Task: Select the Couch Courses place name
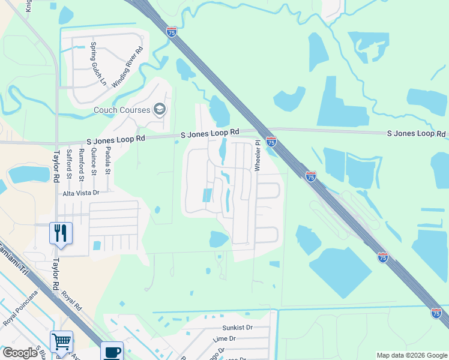123,110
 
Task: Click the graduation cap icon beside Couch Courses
160,109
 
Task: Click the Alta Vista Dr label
81,193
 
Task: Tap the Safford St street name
69,165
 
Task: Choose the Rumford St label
82,165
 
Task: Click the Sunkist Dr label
237,328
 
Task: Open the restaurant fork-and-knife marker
61,232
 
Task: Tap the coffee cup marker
112,351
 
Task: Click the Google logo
20,353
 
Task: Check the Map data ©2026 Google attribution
412,355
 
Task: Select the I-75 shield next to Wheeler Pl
271,142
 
